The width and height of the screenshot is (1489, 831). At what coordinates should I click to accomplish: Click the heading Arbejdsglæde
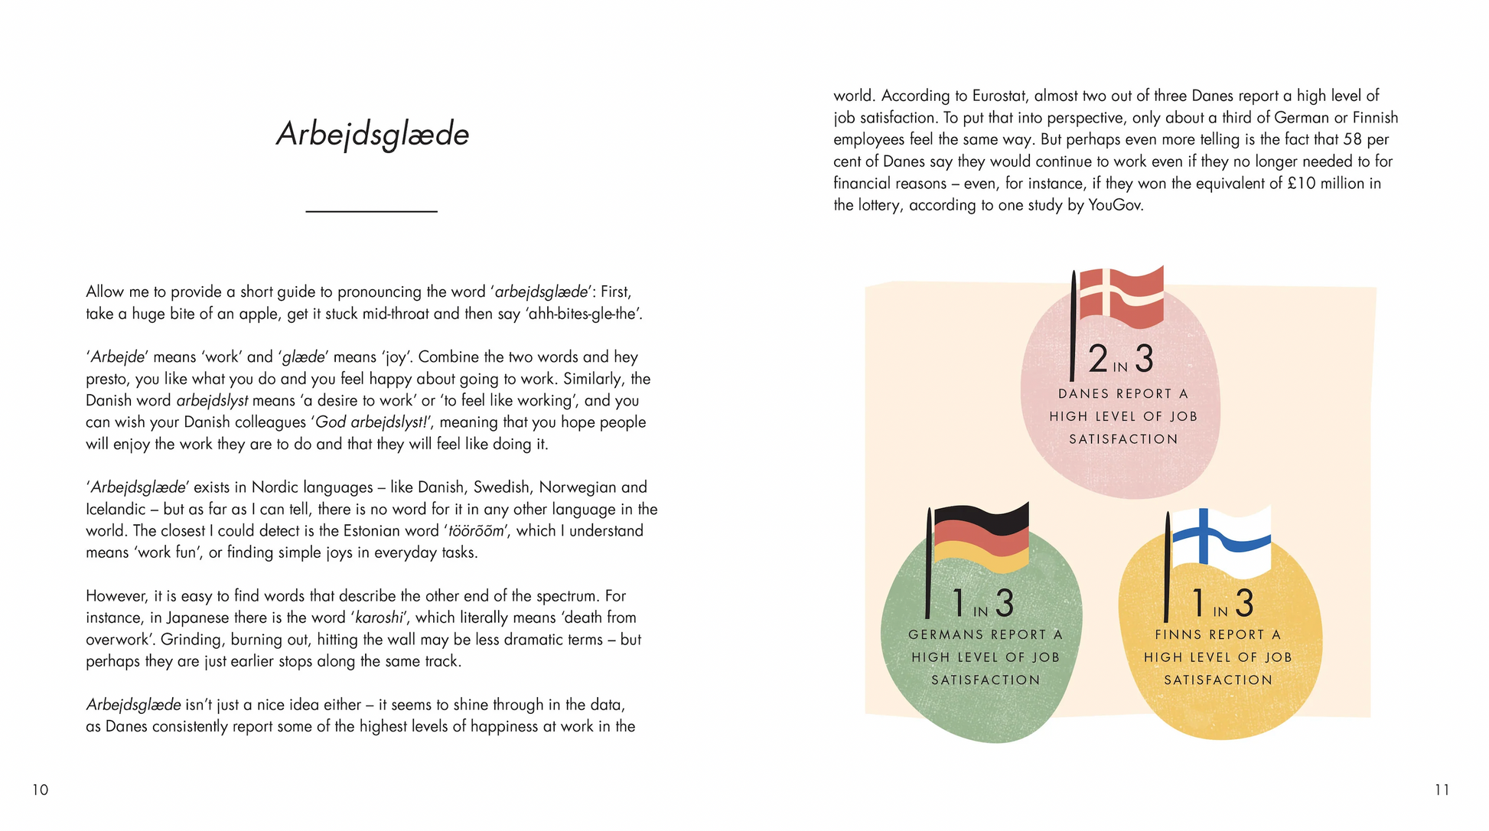pyautogui.click(x=373, y=135)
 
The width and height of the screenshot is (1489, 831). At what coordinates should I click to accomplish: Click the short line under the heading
pyautogui.click(x=371, y=211)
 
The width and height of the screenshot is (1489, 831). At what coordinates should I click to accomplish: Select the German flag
pyautogui.click(x=982, y=538)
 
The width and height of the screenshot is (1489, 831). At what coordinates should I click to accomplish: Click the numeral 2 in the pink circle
pyautogui.click(x=1098, y=359)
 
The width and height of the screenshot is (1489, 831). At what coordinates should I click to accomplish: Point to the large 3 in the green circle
pyautogui.click(x=1004, y=604)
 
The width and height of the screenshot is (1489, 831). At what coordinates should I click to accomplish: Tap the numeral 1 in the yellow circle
pyautogui.click(x=1198, y=603)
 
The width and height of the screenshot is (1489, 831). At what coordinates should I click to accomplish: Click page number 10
pyautogui.click(x=40, y=790)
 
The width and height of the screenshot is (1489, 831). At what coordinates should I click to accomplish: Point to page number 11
pyautogui.click(x=1442, y=790)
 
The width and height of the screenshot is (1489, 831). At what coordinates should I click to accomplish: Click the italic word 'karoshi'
pyautogui.click(x=379, y=618)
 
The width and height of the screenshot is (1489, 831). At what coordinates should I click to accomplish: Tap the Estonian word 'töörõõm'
pyautogui.click(x=475, y=531)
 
